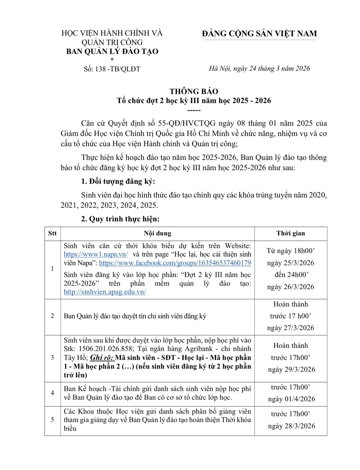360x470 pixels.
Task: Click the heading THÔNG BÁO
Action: tap(194, 91)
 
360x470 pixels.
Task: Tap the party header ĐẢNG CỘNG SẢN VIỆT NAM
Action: tap(259, 34)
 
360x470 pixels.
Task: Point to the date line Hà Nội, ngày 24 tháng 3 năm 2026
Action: tap(259, 69)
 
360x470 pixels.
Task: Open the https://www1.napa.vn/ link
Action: tap(96, 254)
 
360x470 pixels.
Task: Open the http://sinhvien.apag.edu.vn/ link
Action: tap(105, 292)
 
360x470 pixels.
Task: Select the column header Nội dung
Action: tap(157, 233)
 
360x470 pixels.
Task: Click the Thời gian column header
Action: tap(290, 233)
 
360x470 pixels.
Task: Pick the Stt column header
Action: tap(52, 233)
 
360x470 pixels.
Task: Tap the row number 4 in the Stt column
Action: tap(52, 393)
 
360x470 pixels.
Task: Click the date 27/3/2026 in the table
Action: tap(298, 328)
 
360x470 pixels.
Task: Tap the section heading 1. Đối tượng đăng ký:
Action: tap(118, 181)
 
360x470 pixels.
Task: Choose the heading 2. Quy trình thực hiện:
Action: tap(120, 219)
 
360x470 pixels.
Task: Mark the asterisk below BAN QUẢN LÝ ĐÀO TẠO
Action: tap(112, 60)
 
